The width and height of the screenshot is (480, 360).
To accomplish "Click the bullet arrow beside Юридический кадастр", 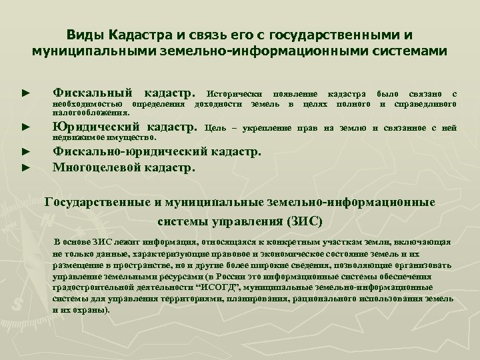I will coord(25,126).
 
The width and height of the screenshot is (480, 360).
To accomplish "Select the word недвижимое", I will coord(77,137).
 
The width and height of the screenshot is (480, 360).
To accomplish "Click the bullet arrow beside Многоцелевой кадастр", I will coord(25,167).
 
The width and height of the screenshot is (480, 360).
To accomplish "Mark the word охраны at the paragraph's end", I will coord(89,310).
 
